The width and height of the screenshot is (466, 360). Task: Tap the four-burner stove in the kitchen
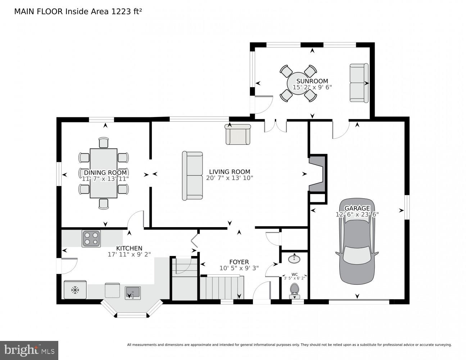(91, 238)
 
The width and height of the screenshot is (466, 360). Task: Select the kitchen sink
(132, 293)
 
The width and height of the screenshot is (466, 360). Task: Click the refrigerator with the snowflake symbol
(75, 290)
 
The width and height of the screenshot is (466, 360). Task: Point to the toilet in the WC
(295, 290)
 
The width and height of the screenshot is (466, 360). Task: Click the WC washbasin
(295, 258)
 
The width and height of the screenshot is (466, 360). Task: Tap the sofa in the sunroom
(359, 83)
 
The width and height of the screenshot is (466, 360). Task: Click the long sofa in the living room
(193, 175)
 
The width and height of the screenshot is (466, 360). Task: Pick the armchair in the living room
(237, 134)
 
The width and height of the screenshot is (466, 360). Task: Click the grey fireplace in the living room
(317, 174)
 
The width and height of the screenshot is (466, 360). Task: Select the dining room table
(104, 173)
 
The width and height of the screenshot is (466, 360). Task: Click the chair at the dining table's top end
(104, 143)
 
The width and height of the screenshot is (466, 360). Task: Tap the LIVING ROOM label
(230, 172)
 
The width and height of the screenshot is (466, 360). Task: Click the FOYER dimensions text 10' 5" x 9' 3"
(239, 268)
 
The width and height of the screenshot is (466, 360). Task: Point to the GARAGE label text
(357, 208)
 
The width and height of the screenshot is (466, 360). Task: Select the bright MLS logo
(29, 350)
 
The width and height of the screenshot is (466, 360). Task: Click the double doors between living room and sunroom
(275, 126)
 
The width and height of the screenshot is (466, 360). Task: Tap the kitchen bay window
(132, 310)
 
